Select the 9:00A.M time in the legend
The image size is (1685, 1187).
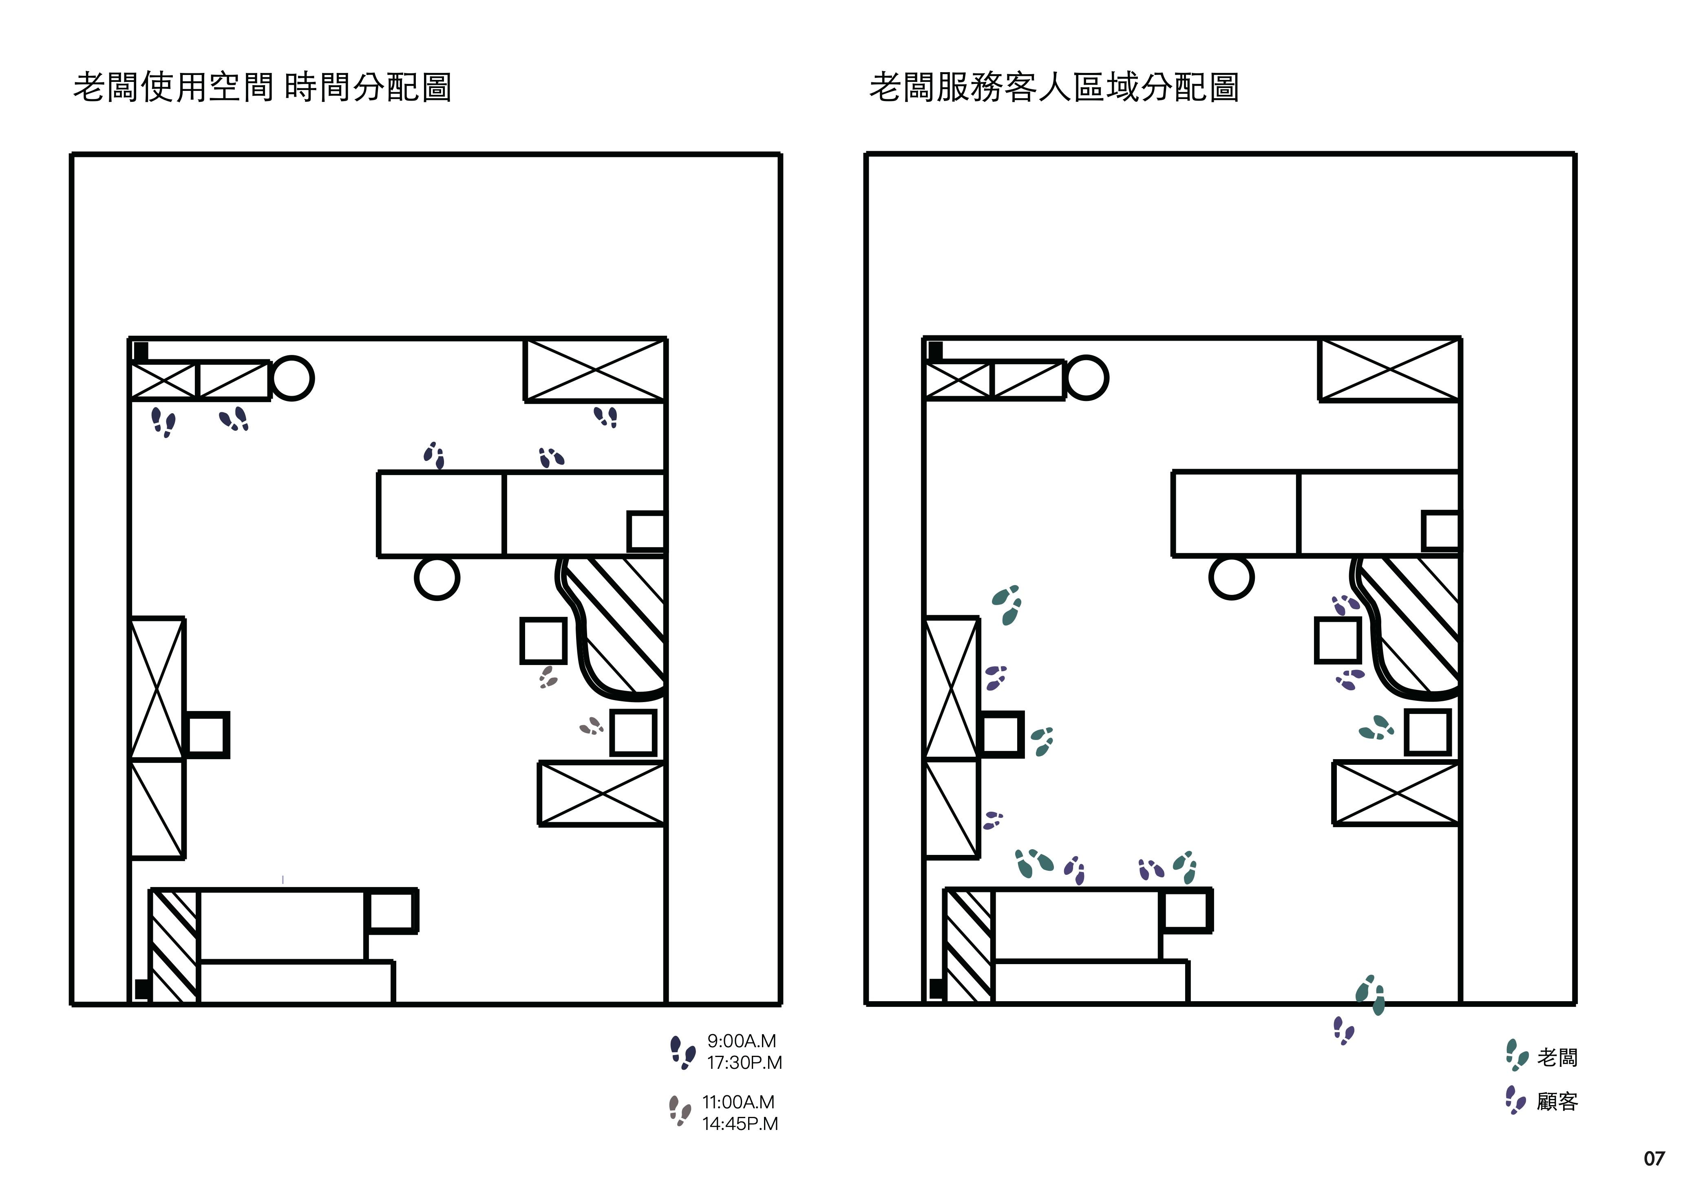(741, 1041)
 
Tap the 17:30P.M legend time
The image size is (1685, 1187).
(744, 1062)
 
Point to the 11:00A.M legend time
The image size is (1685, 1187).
(738, 1102)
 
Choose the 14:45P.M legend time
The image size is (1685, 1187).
(740, 1123)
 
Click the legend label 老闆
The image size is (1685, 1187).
(1557, 1057)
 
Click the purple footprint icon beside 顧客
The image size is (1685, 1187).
(1515, 1100)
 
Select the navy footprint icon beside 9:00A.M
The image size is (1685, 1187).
(682, 1052)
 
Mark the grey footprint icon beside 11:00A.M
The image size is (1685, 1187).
(680, 1111)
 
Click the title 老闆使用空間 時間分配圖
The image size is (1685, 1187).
(262, 87)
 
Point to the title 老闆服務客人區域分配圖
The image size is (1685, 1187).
(1054, 87)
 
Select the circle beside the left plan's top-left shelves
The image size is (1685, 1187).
(292, 379)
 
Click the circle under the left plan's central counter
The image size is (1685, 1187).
(437, 578)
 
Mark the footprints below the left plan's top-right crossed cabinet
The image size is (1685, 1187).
(605, 417)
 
